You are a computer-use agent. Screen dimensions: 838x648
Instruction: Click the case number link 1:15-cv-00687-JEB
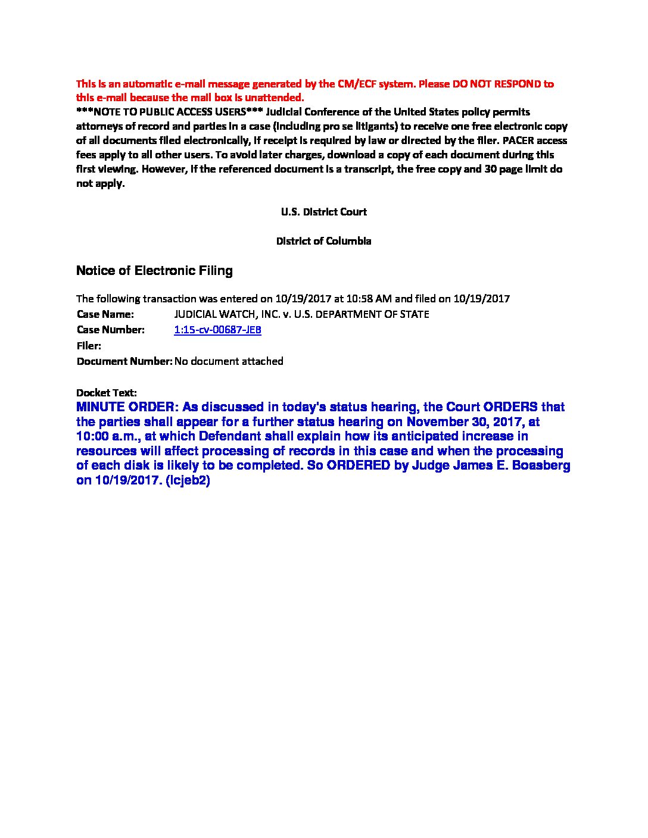(217, 330)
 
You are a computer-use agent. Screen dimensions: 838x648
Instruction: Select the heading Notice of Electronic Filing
(154, 271)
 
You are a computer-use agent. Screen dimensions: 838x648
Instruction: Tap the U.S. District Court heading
(323, 212)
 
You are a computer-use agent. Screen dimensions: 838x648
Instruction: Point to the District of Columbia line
(323, 241)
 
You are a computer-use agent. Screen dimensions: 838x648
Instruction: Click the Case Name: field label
(105, 314)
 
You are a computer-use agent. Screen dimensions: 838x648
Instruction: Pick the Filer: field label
(89, 346)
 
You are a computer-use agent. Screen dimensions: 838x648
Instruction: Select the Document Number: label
(124, 361)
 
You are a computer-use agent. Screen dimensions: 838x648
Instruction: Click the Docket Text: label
(107, 393)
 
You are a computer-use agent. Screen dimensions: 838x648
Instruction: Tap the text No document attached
(229, 361)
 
